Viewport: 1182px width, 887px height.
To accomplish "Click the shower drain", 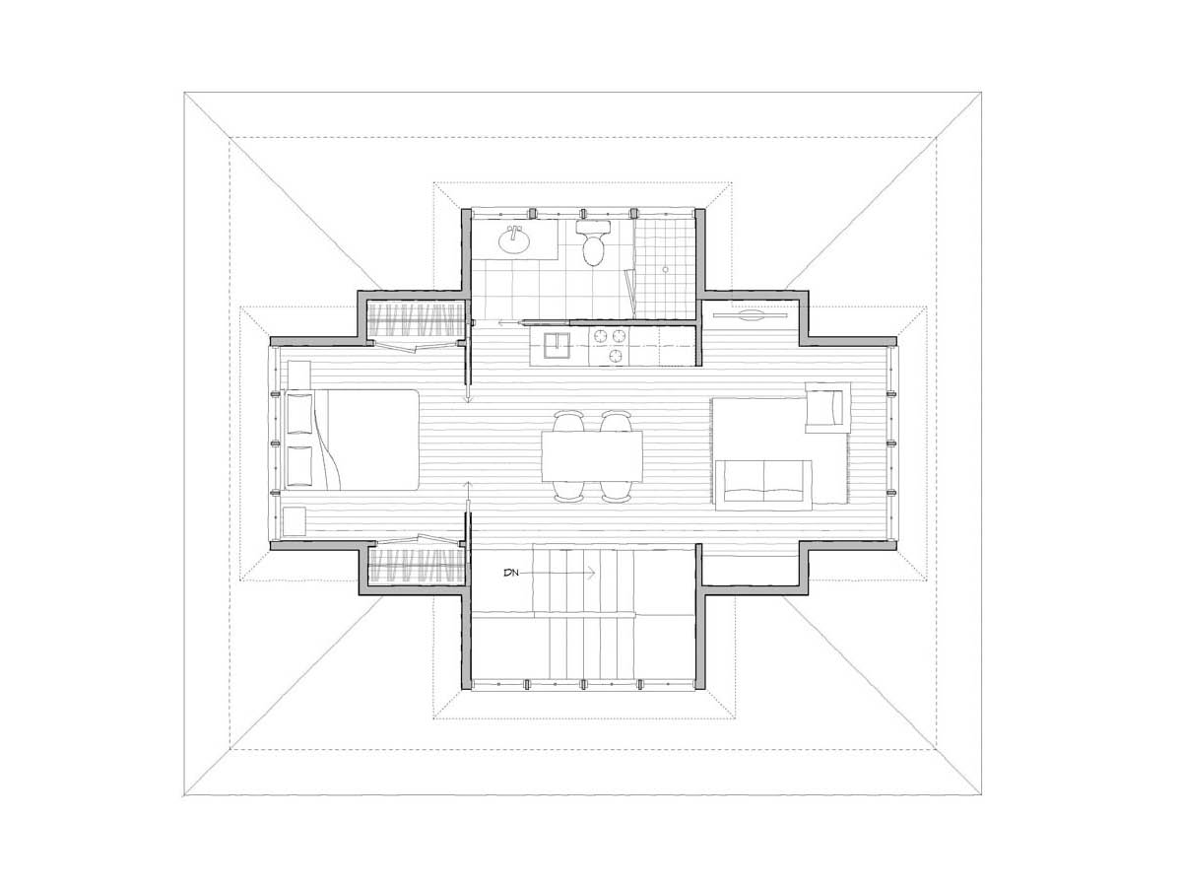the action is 665,269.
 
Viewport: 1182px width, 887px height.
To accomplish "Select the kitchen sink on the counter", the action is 556,345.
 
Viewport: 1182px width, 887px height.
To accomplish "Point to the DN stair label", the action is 510,573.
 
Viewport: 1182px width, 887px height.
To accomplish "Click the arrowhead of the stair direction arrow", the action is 591,573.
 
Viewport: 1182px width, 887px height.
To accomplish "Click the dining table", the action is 592,455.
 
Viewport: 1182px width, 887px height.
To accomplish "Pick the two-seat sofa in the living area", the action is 763,485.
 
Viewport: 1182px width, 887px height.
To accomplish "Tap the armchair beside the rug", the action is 827,407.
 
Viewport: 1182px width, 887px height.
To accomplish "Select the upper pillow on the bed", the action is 300,414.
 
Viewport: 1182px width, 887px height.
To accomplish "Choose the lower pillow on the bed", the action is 300,465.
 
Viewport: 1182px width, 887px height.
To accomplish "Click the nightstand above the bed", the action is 298,375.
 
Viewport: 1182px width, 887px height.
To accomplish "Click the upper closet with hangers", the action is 416,320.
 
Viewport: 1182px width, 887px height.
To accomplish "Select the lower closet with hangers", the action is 416,566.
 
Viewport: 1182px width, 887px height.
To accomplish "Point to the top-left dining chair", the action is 568,421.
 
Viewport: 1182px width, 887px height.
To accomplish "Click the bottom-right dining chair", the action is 616,490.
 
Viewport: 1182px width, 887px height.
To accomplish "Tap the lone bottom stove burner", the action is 617,355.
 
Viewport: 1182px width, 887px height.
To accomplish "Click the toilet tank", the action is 593,227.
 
